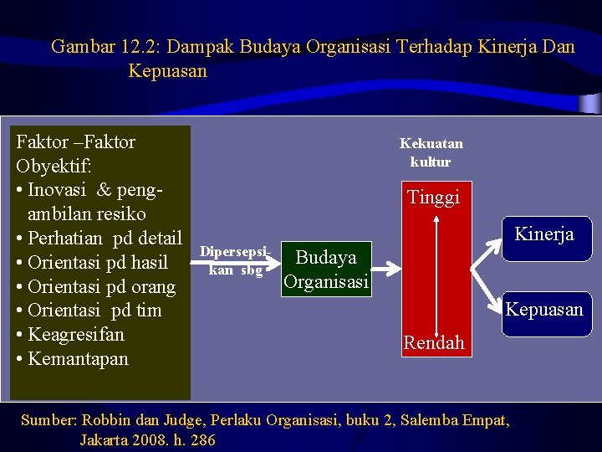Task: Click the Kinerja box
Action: (544, 235)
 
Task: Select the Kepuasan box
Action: (544, 310)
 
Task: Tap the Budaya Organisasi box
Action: (326, 270)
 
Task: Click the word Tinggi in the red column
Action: (433, 198)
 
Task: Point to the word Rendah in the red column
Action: (433, 342)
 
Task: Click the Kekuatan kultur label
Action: (431, 152)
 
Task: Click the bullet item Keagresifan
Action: (75, 335)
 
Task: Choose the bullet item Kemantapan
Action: (78, 359)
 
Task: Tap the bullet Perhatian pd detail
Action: (105, 238)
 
